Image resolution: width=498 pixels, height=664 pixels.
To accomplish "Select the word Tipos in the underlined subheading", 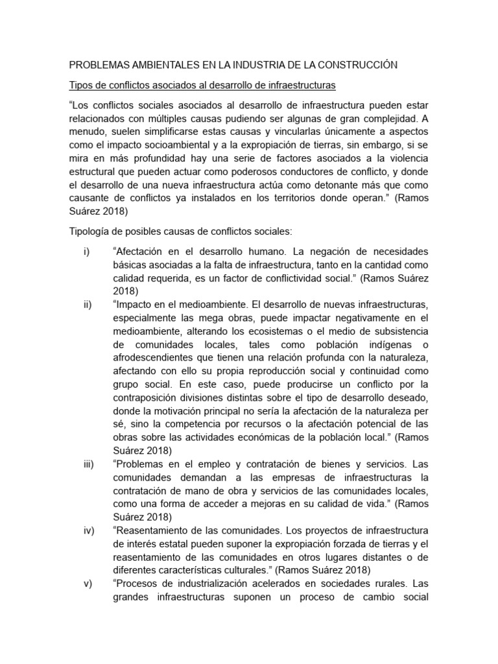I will coord(82,85).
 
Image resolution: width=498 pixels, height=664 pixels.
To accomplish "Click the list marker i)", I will coord(87,252).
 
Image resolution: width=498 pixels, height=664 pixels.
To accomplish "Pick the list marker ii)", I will coord(88,305).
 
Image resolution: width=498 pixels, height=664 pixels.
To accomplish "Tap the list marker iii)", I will coord(89,464).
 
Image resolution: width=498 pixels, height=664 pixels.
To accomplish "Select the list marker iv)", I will coord(89,530).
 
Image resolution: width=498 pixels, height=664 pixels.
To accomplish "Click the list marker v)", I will coord(88,584).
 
